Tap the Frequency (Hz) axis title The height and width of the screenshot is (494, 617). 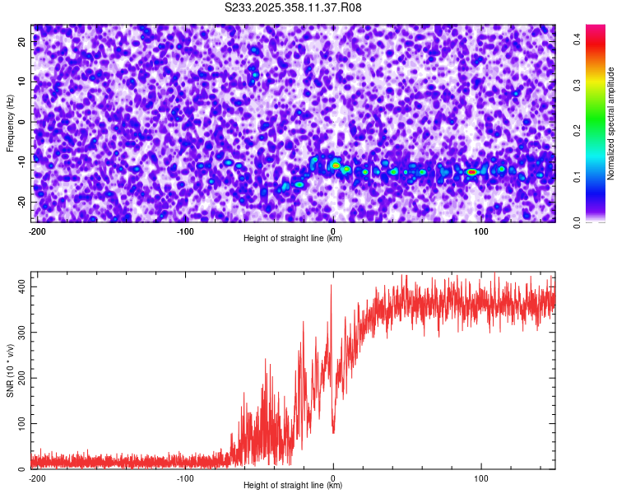[10, 123]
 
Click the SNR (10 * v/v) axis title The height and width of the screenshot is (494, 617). [10, 372]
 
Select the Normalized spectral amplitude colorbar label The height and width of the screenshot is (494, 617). [611, 123]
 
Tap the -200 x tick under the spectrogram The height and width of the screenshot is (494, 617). [36, 231]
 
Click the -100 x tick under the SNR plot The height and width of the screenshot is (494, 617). [184, 478]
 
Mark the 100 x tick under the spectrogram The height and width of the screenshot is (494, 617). [482, 231]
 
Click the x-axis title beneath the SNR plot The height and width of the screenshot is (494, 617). [293, 486]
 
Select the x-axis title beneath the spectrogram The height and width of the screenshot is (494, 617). [293, 239]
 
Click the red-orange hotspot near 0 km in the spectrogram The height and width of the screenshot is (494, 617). [336, 165]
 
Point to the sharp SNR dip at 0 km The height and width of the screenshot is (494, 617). [333, 431]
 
